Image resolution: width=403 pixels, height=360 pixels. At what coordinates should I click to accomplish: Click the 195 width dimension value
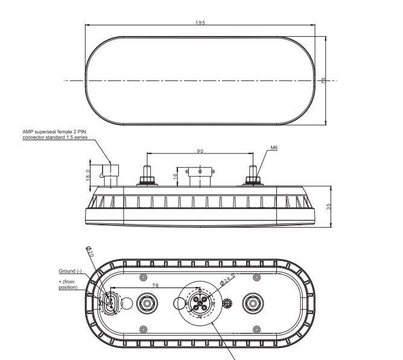(x=200, y=22)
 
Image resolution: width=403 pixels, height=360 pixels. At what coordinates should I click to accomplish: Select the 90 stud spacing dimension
(x=200, y=150)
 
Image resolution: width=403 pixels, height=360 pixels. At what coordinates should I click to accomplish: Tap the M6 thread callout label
(x=274, y=147)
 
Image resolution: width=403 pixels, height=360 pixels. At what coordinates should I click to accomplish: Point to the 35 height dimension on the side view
(x=336, y=207)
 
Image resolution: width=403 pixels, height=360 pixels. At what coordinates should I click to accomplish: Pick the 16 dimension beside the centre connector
(x=176, y=176)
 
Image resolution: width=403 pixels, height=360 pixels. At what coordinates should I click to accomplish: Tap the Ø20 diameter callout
(x=89, y=252)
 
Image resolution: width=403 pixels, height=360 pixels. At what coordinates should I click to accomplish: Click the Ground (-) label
(x=71, y=271)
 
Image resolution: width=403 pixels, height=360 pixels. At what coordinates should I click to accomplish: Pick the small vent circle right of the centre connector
(x=228, y=303)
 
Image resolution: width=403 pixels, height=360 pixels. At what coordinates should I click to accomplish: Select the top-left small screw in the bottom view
(x=143, y=277)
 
